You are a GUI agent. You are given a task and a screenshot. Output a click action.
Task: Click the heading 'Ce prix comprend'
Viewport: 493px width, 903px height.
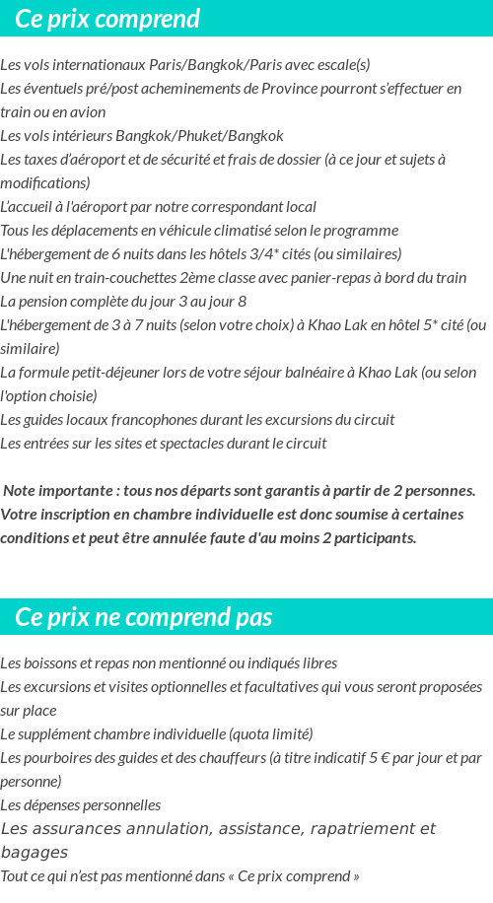coord(107,19)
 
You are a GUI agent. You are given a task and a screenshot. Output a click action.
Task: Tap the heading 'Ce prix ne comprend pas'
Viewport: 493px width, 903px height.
coord(144,617)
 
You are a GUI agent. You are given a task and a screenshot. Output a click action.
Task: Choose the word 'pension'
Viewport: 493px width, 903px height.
coord(41,302)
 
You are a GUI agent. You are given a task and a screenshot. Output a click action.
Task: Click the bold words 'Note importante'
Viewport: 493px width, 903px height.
coord(55,491)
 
